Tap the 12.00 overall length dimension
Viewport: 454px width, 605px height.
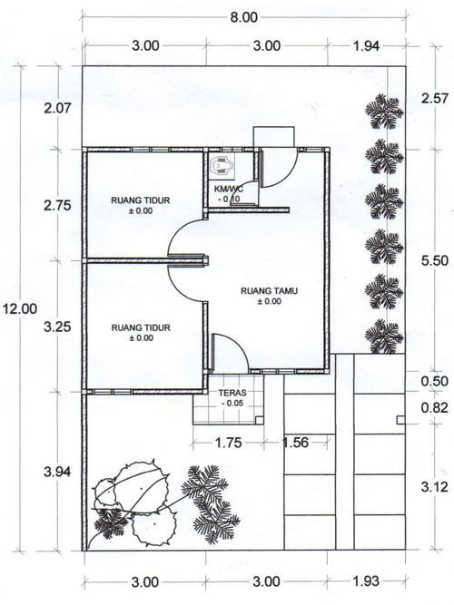click(x=20, y=308)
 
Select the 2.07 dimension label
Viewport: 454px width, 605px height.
click(x=57, y=108)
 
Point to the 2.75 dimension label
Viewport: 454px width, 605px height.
click(x=57, y=205)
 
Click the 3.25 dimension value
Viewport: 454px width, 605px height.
click(x=57, y=327)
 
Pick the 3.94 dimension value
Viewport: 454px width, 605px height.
click(x=57, y=472)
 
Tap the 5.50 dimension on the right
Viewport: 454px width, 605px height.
click(x=435, y=260)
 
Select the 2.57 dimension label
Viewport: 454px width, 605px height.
click(x=435, y=98)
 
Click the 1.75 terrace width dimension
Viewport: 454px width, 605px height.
click(x=228, y=443)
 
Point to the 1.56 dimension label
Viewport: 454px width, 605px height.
click(x=296, y=443)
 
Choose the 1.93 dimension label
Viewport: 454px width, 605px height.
click(x=366, y=581)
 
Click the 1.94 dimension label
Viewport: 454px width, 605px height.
click(x=366, y=46)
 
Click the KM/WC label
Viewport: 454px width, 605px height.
click(x=228, y=189)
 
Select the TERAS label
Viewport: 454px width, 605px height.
click(x=232, y=393)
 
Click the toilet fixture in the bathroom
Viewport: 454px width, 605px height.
click(x=221, y=166)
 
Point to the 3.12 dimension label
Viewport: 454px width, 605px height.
click(x=435, y=487)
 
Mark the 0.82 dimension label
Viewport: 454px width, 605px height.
click(x=435, y=408)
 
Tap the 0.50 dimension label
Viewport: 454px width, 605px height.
click(x=435, y=381)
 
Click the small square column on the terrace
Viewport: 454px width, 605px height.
click(x=260, y=420)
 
